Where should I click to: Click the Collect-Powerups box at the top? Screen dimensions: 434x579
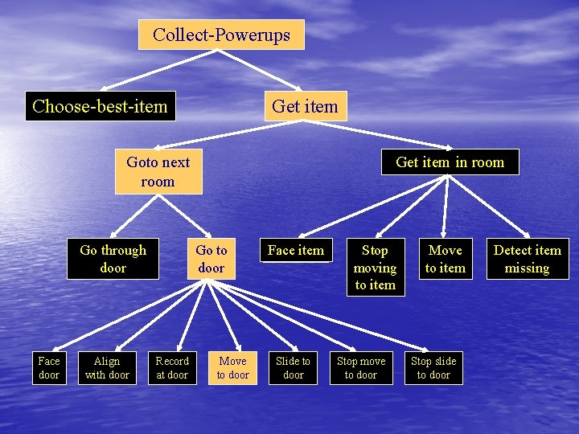(221, 35)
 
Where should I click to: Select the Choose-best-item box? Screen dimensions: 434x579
(100, 106)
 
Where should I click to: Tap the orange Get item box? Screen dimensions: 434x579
(306, 106)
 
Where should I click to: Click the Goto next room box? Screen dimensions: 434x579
(158, 171)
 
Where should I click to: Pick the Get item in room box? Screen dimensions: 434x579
(450, 162)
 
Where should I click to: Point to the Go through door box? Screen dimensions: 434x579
(113, 259)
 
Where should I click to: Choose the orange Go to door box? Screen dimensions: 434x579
(211, 259)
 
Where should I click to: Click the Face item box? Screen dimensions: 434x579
(295, 250)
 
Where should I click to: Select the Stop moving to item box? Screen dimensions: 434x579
(375, 267)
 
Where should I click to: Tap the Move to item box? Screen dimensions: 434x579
(445, 259)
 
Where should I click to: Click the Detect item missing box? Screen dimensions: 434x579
(527, 259)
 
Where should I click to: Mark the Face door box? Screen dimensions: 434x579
(49, 368)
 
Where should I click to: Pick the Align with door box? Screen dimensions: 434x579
(107, 368)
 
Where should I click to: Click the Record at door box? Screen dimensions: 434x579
(172, 368)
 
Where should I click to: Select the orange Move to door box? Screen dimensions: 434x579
(233, 368)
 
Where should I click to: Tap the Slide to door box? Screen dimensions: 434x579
(293, 368)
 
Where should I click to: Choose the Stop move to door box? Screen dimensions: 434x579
(361, 368)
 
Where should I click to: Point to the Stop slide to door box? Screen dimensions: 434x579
(433, 368)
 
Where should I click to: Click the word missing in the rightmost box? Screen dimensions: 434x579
(527, 268)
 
